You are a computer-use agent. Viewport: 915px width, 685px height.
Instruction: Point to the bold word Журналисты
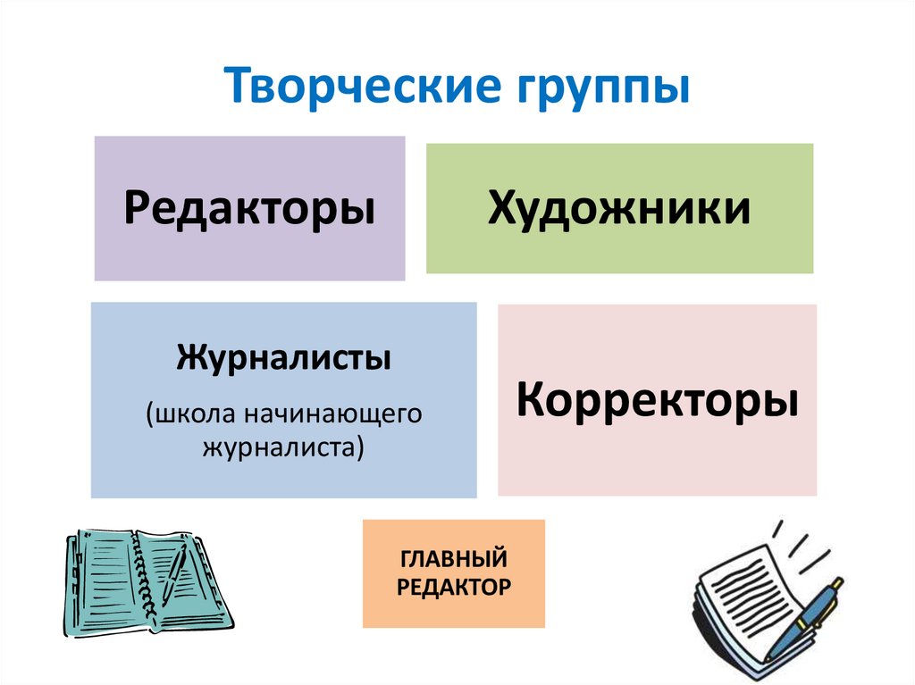pos(284,360)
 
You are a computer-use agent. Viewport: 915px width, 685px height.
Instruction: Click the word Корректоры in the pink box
pos(657,400)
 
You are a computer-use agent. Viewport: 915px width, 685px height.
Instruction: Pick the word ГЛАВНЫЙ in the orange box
pos(453,559)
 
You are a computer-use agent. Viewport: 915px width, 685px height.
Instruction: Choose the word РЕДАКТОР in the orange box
pos(453,587)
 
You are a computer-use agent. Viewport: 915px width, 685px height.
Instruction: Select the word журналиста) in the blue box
pos(284,447)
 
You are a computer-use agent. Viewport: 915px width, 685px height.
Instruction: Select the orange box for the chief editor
pos(453,573)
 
